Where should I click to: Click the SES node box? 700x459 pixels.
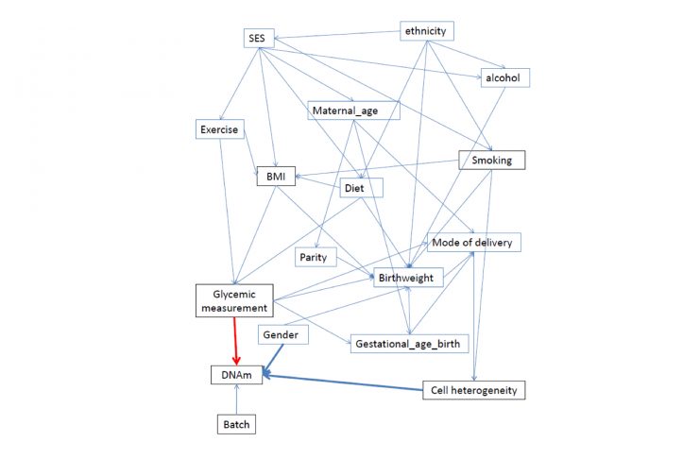pos(255,39)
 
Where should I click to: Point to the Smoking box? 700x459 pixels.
pos(491,160)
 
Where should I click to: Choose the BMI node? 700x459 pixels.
pos(276,176)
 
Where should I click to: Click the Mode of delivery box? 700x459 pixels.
pos(472,242)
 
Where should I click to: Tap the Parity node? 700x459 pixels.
pos(313,257)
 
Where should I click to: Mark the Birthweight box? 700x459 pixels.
pos(405,278)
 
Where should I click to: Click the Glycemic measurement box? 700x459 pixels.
pos(232,299)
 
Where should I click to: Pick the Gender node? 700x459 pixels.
pos(279,334)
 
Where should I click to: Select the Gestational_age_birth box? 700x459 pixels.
pos(408,342)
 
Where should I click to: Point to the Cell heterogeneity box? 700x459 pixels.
pos(470,389)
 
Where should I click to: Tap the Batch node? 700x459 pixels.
pos(235,424)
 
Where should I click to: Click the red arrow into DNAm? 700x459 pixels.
pos(235,341)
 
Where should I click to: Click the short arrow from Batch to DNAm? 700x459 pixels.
pos(235,400)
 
